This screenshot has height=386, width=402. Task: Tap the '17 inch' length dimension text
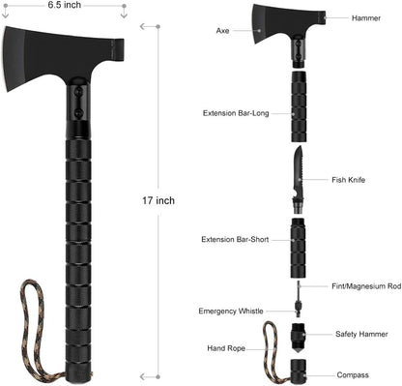[158, 200]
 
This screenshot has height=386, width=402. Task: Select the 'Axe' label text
[222, 31]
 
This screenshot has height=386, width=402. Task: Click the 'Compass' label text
[352, 374]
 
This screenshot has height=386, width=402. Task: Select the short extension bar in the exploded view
[299, 237]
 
